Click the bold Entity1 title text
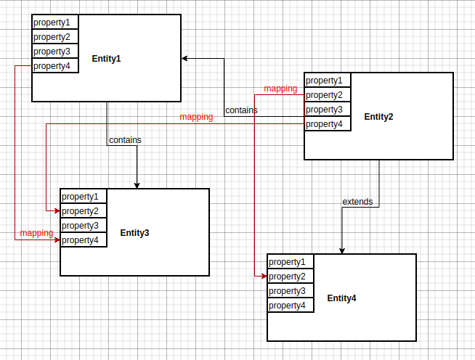(106, 59)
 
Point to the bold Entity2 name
(378, 117)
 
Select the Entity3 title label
(134, 233)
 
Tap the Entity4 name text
(341, 298)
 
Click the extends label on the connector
(357, 201)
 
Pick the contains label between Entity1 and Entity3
(125, 139)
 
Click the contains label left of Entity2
(241, 110)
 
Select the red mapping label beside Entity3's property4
(36, 233)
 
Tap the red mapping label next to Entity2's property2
(280, 89)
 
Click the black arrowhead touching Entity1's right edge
(185, 59)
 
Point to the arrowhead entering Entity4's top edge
(341, 250)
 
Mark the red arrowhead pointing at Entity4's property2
(264, 277)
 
